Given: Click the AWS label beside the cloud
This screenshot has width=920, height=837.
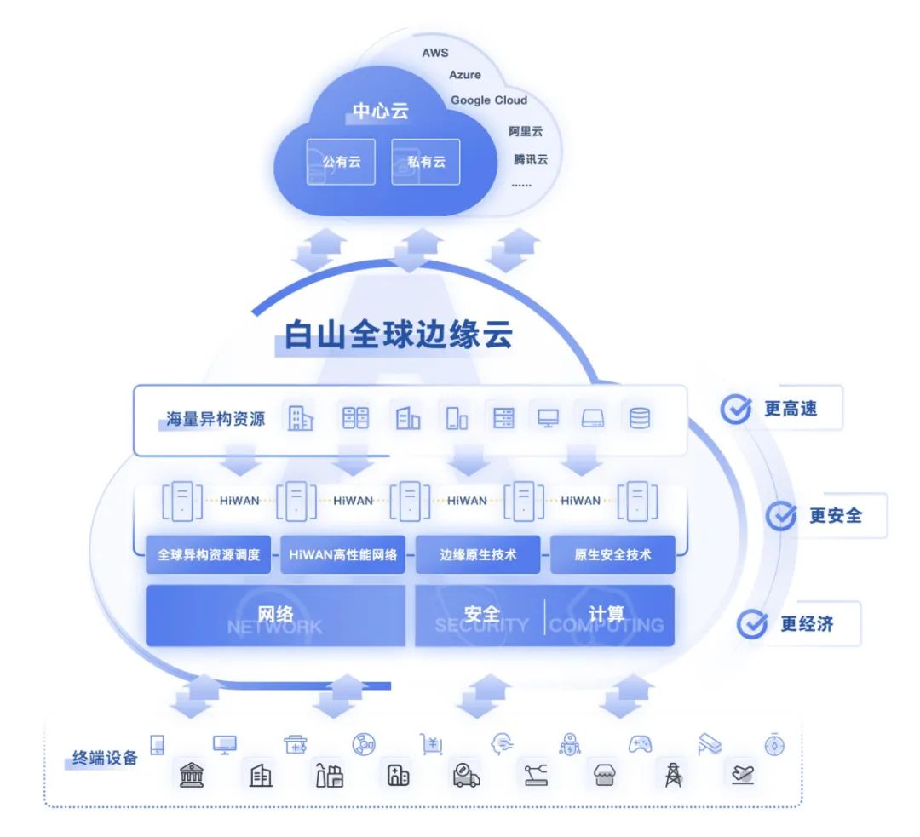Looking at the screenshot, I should click(434, 53).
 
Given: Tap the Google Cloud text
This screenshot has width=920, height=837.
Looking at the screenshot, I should click(489, 100).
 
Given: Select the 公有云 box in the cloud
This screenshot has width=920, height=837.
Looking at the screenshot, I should click(341, 161).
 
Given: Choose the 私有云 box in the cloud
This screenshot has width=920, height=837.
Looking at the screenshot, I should click(426, 161).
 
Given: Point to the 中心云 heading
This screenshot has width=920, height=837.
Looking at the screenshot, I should click(381, 111).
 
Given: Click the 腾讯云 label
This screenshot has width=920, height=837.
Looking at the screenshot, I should click(531, 159).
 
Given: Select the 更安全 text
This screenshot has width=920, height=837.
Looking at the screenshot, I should click(835, 515).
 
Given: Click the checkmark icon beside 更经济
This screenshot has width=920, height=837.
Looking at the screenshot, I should click(752, 624).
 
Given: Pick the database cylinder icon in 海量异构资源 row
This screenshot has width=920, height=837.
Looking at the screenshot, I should click(638, 418).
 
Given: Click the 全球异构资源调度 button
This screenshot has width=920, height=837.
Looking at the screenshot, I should click(209, 554).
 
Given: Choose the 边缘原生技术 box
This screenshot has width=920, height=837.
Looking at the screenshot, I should click(478, 554).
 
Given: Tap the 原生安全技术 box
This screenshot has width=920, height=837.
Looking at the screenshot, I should click(612, 554).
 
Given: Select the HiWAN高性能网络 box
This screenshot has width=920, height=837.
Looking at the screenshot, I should click(343, 554).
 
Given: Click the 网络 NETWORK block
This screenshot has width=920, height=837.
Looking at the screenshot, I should click(275, 616).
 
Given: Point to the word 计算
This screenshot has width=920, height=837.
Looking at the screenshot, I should click(606, 614).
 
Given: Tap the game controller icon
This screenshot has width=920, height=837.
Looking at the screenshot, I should click(640, 744).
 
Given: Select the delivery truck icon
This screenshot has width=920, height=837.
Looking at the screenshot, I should click(465, 774).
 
